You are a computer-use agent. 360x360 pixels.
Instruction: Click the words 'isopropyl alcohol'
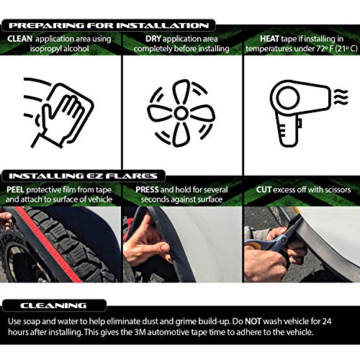(61, 49)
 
